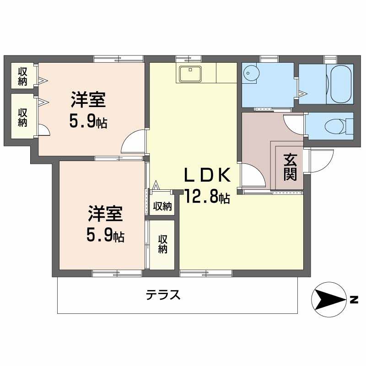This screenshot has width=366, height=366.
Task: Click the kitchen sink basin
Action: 190,74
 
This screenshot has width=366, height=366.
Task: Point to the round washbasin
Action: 251,73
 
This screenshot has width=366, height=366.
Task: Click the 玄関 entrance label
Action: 290,167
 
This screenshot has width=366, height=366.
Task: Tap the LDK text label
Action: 207,175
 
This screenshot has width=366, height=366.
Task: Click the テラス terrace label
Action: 163,295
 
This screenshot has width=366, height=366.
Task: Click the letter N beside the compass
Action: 354,300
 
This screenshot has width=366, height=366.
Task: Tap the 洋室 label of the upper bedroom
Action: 88,100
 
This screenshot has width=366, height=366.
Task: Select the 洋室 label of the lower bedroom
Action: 105,214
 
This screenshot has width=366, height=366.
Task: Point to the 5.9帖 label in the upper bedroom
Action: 88,121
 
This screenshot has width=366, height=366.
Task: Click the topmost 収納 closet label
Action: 23,76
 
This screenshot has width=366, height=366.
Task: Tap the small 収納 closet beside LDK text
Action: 162,206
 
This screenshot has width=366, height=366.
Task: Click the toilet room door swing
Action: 294,124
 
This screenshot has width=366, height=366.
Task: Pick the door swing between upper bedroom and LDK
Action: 134,141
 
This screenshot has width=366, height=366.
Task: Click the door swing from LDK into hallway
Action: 253,175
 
